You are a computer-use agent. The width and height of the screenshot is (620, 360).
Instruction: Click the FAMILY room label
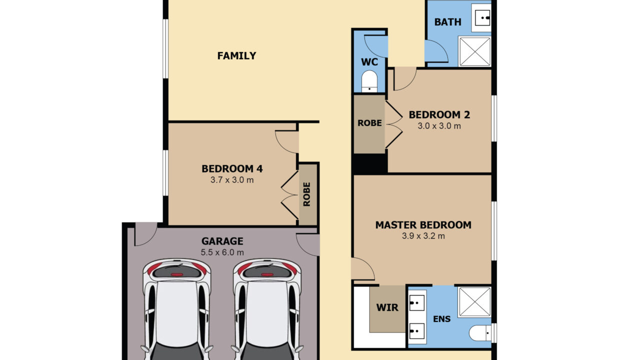[236, 56]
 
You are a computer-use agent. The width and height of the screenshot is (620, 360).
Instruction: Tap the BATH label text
[448, 22]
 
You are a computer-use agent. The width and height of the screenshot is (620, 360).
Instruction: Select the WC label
[369, 62]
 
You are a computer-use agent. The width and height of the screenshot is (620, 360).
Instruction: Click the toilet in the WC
[369, 81]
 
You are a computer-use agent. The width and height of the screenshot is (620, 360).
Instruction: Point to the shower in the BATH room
[474, 51]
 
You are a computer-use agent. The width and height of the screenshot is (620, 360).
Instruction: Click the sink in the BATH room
[482, 17]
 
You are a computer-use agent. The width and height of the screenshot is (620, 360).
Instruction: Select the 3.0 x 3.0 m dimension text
[439, 126]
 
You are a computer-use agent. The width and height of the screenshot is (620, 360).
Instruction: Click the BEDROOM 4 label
[232, 169]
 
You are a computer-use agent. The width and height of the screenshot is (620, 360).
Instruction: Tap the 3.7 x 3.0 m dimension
[232, 180]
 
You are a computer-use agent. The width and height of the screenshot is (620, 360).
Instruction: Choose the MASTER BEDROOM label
[423, 225]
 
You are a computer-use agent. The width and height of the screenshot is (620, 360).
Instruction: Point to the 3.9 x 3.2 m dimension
[423, 236]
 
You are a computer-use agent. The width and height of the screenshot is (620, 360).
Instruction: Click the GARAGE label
[222, 241]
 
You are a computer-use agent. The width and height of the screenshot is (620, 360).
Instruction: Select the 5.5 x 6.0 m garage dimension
[222, 252]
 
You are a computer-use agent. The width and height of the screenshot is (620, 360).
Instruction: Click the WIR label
[387, 307]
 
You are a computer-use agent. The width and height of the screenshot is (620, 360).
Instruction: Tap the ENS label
[441, 319]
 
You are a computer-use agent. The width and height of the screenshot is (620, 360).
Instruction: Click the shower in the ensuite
[474, 302]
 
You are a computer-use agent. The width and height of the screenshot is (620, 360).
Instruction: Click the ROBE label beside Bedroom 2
[369, 123]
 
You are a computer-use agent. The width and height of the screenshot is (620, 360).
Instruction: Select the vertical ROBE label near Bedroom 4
[306, 194]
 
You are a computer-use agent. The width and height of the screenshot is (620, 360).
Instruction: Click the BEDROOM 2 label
[439, 115]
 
